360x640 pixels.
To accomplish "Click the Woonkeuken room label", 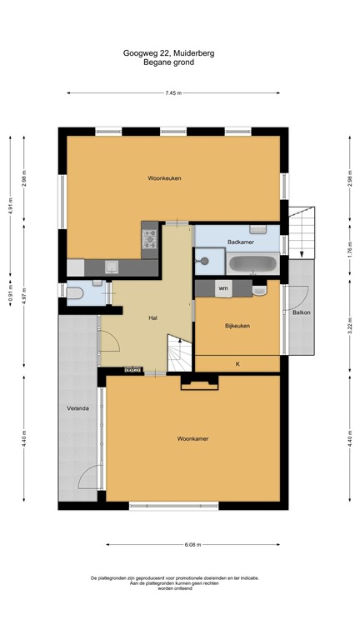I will pos(164,178).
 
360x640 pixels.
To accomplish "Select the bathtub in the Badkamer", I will pos(252,264).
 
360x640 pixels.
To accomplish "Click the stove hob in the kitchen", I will pos(150,239).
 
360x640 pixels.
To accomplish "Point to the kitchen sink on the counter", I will pos(111,267).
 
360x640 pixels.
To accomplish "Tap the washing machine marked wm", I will pos(222,288).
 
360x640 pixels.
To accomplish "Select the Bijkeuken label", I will pos(237,326).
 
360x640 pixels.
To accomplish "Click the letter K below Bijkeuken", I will pos(237,364).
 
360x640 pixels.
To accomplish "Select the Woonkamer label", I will pos(192,437).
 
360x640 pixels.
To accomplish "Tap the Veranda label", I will pos(78,410).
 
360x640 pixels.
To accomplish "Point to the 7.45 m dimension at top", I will pos(173,92).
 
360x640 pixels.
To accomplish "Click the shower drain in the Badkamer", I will pos(201,260).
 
